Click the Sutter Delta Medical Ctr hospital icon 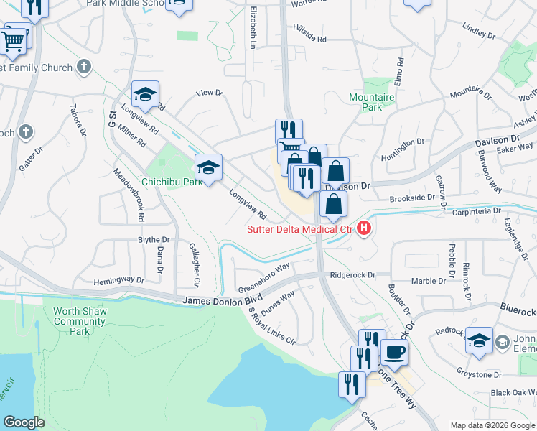pyautogui.click(x=364, y=229)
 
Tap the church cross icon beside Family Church pyautogui.click(x=84, y=68)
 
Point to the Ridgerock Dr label pyautogui.click(x=353, y=275)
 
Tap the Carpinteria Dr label pyautogui.click(x=475, y=212)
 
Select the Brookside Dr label pyautogui.click(x=412, y=197)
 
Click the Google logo pyautogui.click(x=24, y=422)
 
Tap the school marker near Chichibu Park pyautogui.click(x=208, y=168)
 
